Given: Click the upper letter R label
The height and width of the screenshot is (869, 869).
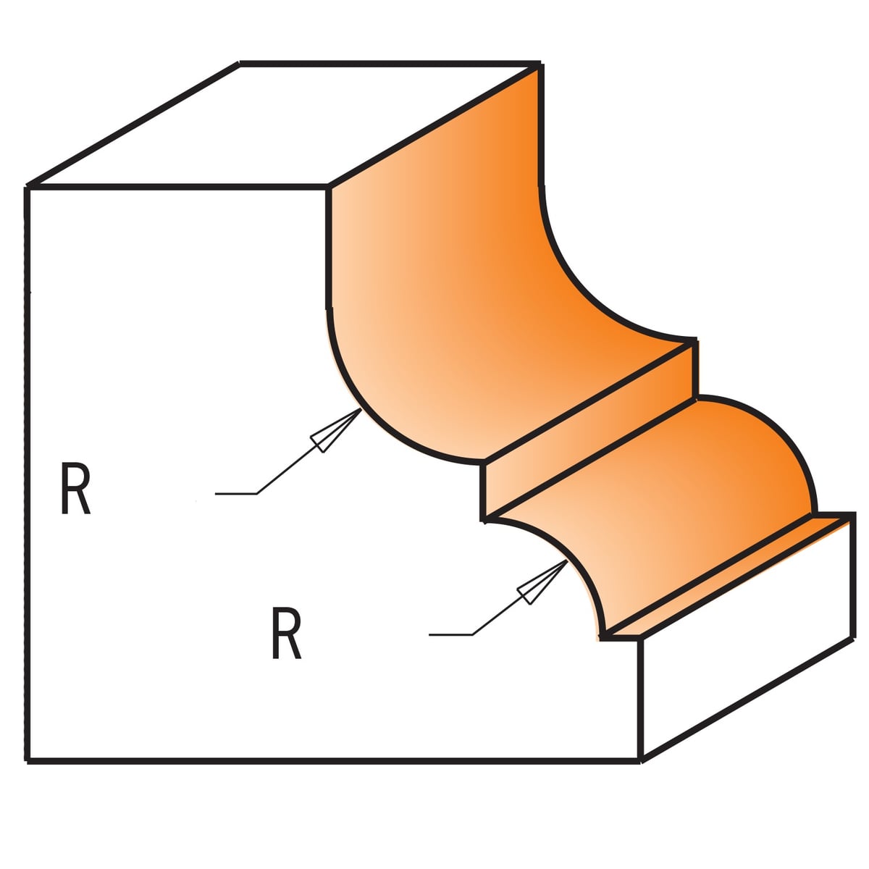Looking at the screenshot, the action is point(76,488).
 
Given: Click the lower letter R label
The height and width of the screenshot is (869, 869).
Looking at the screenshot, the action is point(286,633).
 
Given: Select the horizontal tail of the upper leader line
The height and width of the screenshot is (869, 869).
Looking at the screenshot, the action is point(236,494).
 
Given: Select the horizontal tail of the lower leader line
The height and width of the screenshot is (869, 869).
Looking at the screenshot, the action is point(450,635).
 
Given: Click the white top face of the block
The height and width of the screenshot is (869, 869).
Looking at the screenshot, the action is point(284,124).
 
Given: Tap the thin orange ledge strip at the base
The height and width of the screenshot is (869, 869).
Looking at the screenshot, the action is point(726,577).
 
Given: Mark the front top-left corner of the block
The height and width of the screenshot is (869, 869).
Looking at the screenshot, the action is point(28,186).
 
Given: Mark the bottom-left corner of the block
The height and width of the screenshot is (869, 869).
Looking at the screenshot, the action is point(28,762).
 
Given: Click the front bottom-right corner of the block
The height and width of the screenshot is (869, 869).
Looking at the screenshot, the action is point(640,762).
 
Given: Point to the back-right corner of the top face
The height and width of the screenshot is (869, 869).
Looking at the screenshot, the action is point(540,63).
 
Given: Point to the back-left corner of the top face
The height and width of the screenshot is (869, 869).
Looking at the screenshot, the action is point(239,63).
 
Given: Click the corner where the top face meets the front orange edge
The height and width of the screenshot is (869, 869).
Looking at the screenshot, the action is point(328,186).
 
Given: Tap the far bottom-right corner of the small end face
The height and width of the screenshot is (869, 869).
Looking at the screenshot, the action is point(852,638).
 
